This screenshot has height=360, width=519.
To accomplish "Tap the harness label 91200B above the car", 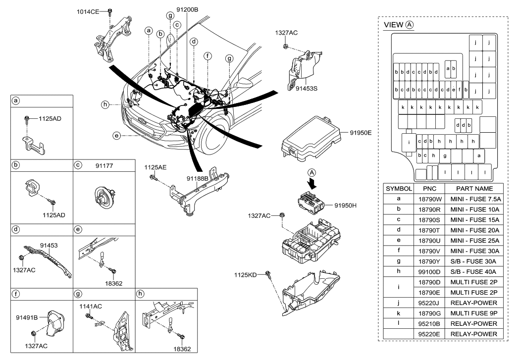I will coord(187,9).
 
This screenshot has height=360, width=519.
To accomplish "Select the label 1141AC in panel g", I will coord(91,307).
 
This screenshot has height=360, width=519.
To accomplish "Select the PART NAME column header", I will coord(474,189).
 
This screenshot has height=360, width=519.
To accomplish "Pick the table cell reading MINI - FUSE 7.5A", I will coord(474,199).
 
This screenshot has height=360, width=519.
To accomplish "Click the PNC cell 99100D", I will coord(429,272).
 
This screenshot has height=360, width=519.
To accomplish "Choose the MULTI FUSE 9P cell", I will coord(474,313).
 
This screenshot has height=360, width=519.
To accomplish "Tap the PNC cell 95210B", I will coord(429,324).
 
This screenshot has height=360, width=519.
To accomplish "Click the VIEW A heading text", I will coord(399,25).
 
